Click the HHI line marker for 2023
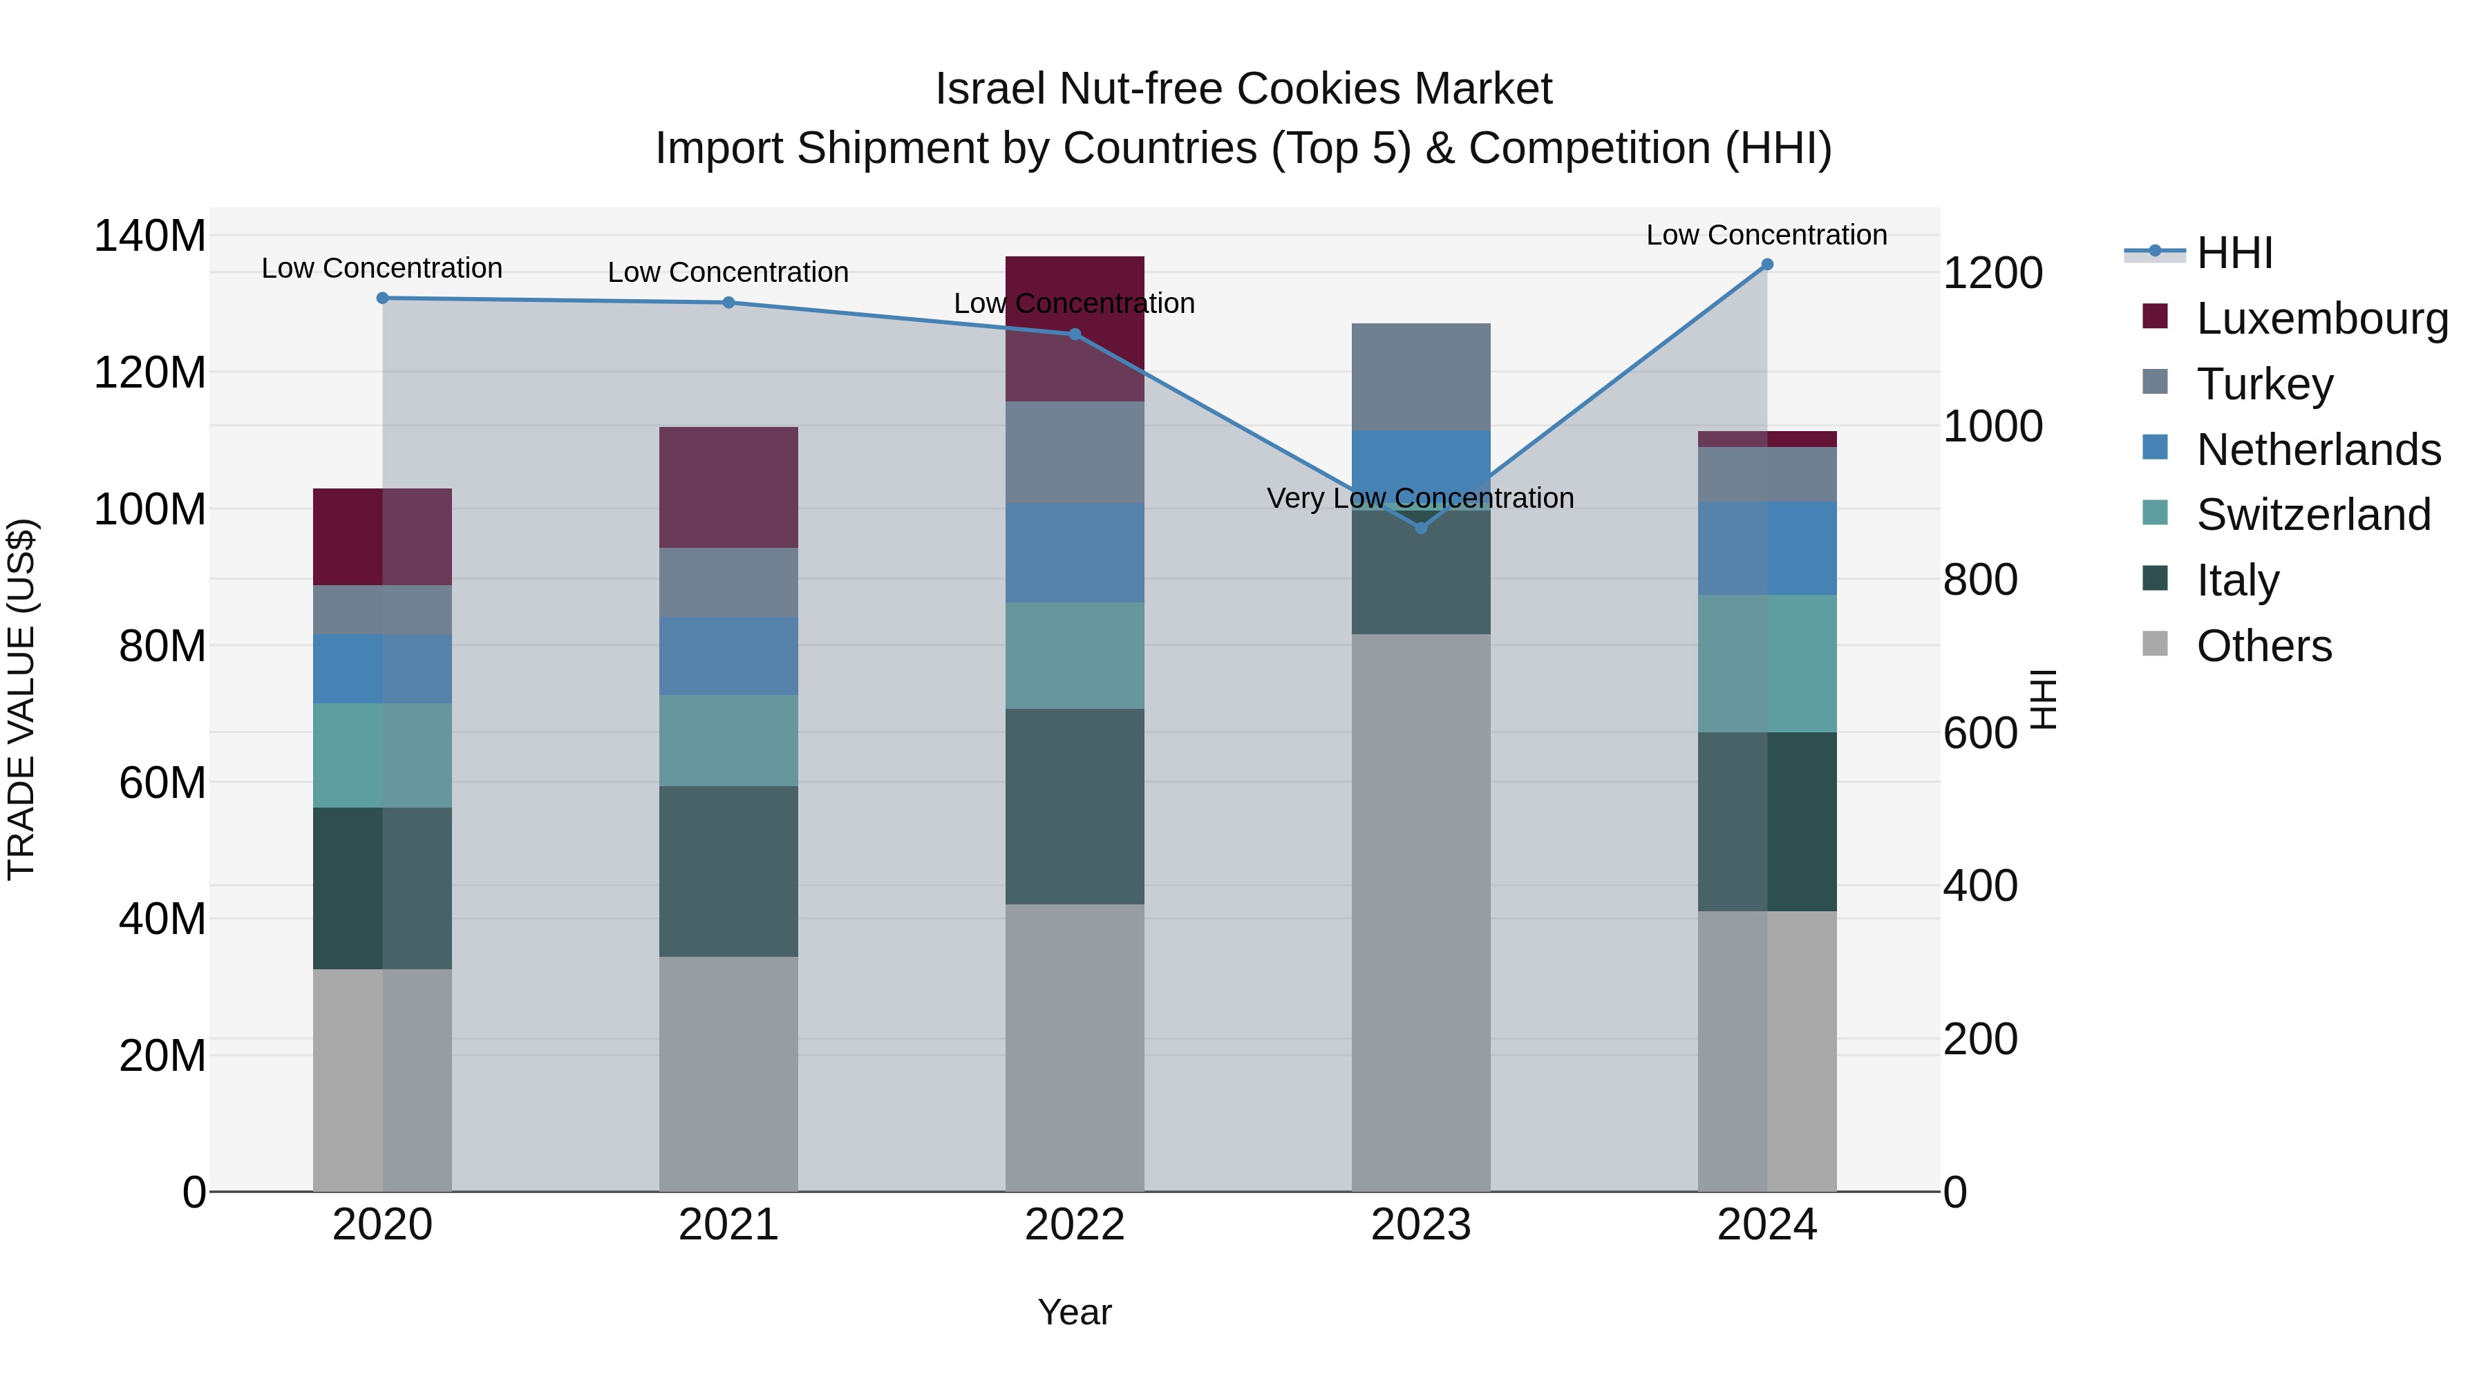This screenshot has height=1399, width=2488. (1421, 528)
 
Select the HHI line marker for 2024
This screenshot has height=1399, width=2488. (1766, 265)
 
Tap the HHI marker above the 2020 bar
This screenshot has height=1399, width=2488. (382, 298)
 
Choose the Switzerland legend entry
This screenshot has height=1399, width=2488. (2312, 515)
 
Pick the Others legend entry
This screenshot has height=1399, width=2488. (2263, 646)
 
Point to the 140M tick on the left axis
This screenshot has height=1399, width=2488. (150, 236)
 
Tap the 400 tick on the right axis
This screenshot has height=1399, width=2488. (1979, 886)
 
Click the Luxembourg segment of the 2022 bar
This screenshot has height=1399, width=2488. (1074, 328)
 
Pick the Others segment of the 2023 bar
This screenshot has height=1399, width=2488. (1421, 913)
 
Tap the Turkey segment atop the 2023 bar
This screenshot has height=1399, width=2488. (1421, 377)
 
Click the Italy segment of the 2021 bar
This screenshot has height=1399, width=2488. (728, 871)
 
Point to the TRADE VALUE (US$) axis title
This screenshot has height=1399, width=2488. (21, 699)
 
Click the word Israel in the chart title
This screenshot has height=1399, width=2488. (990, 89)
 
